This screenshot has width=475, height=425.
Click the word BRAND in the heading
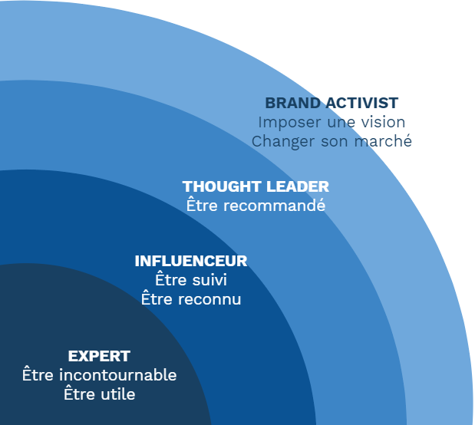292,103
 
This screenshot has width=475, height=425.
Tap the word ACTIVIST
361,103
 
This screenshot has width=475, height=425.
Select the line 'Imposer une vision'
332,123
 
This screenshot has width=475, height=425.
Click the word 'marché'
383,141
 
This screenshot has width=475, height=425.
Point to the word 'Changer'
283,142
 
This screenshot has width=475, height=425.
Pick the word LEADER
298,186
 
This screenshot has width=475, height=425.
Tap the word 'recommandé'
274,206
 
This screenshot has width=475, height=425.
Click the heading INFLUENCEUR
191,261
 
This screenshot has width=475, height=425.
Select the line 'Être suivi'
191,279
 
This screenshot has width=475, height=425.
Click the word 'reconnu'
209,300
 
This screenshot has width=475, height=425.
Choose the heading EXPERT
99,356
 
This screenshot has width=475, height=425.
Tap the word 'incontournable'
117,375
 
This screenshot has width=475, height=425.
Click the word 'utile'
118,394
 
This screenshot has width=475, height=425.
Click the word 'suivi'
209,279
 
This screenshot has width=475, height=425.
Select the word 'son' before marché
335,142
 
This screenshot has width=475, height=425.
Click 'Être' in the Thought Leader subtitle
202,205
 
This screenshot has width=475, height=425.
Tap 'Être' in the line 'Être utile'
79,394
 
